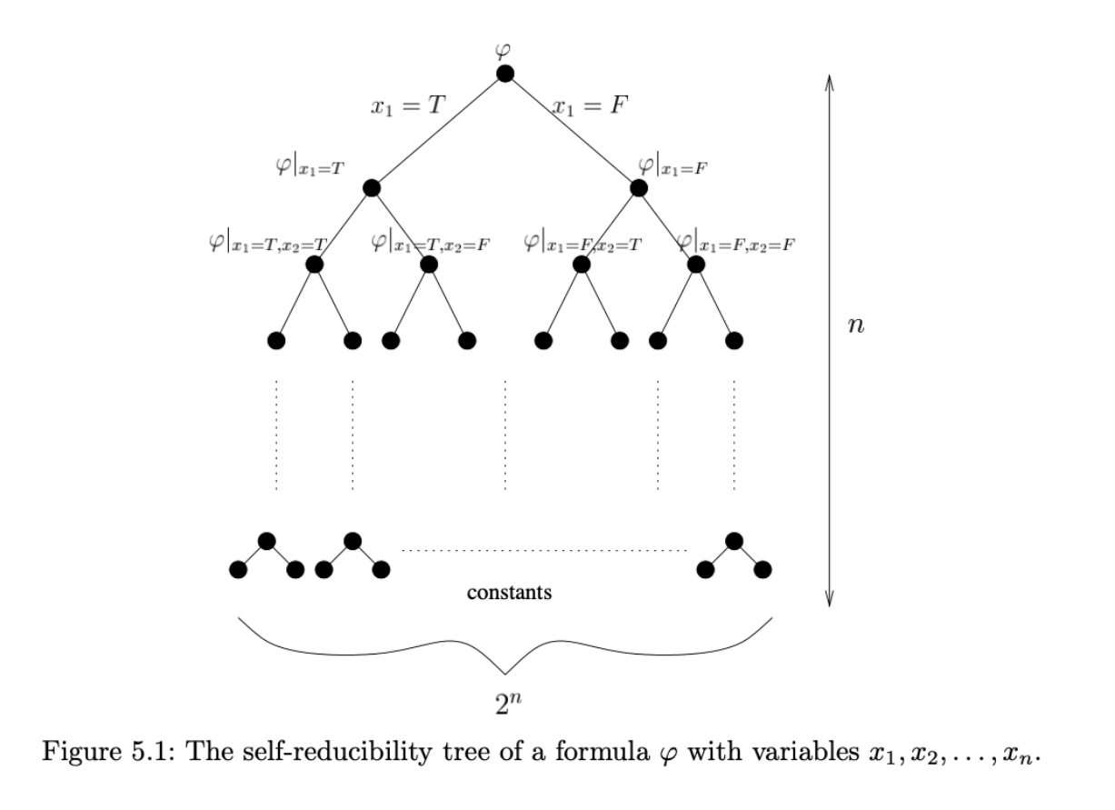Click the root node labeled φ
[505, 74]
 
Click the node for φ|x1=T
[371, 188]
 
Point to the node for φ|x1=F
[639, 188]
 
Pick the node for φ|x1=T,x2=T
[314, 265]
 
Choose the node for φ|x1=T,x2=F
[429, 265]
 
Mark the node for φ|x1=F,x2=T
[582, 265]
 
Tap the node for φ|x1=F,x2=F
[696, 265]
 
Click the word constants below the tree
[510, 594]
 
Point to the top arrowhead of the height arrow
[829, 80]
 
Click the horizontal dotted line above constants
[543, 551]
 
